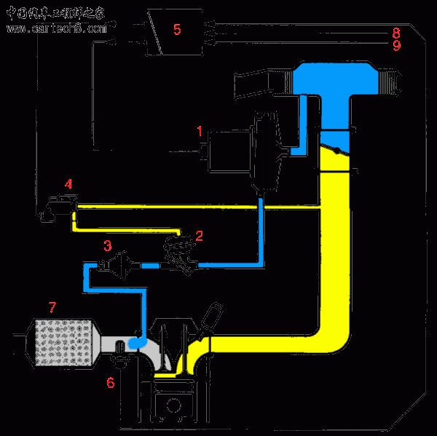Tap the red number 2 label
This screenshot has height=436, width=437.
(199, 236)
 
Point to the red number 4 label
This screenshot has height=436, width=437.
(68, 184)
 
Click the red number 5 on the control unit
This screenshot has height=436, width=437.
(176, 29)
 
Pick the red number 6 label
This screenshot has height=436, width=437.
(111, 382)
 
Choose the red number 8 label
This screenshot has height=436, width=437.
(396, 33)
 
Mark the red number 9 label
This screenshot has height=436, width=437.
(396, 45)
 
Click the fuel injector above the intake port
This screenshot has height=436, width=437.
(211, 320)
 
